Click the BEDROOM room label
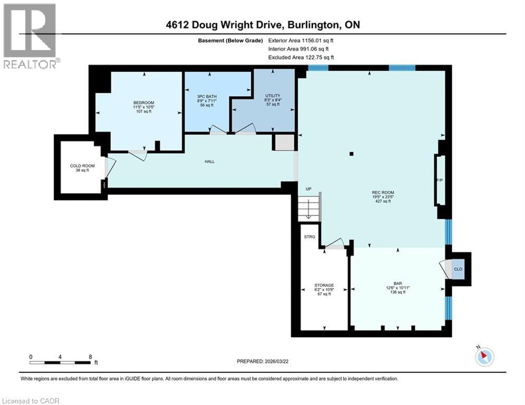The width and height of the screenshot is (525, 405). (144, 102)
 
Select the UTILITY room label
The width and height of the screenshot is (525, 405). (272, 96)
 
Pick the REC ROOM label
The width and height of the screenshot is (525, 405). (383, 192)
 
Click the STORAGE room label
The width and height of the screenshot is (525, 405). (324, 285)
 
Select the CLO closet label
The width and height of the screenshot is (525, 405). (458, 269)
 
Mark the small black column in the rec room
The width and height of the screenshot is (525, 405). (352, 154)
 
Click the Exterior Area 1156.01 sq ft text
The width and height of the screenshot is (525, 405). (301, 40)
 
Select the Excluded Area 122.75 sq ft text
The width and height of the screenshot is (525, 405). (301, 57)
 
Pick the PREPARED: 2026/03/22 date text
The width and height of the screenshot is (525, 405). (266, 362)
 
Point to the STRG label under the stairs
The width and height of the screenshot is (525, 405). (310, 237)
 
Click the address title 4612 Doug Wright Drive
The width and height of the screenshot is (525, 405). (262, 25)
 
